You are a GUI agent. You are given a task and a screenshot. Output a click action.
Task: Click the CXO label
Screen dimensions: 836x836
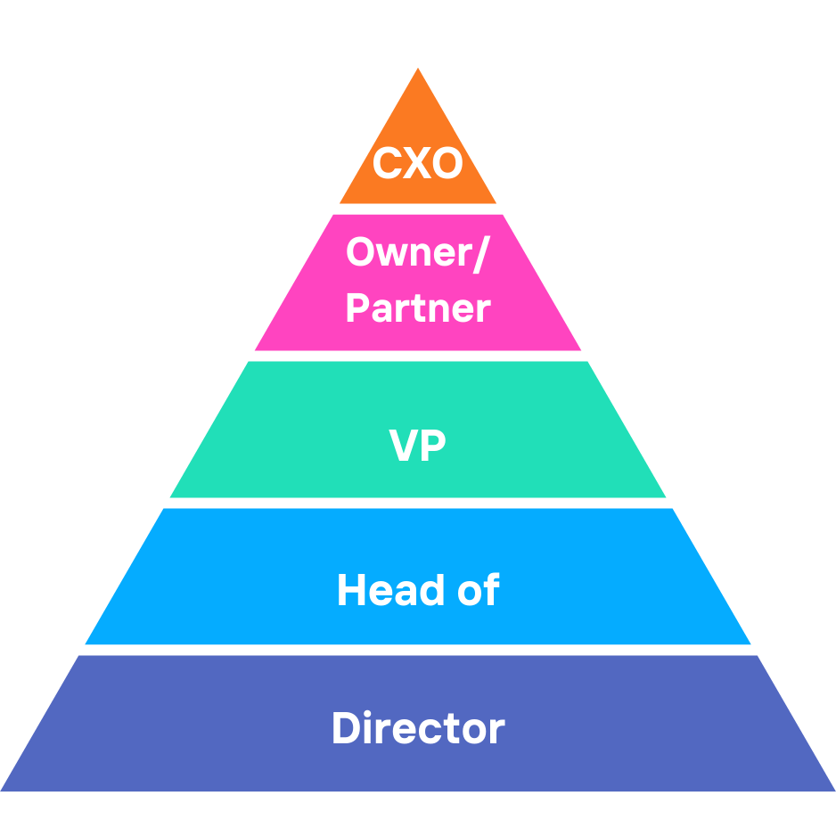417,165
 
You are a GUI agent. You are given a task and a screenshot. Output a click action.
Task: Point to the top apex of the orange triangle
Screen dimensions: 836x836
418,70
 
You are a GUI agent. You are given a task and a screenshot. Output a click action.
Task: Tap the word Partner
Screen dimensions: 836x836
417,308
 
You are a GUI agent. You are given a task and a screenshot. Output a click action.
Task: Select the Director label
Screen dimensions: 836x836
417,728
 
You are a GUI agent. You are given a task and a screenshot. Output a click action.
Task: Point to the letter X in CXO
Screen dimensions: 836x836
417,165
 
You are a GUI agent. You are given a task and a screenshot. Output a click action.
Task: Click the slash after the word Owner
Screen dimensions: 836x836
481,254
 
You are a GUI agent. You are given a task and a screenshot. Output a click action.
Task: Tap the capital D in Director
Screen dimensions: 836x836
346,728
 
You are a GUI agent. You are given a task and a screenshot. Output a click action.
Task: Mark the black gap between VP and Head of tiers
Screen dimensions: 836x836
418,504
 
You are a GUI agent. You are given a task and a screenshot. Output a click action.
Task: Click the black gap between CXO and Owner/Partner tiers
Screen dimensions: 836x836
418,209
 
